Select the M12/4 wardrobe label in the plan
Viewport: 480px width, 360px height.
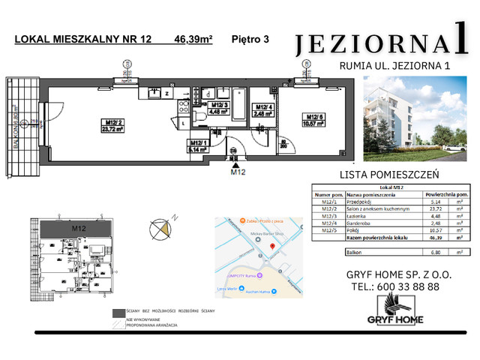[x=260, y=112]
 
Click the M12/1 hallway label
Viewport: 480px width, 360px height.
[x=198, y=145]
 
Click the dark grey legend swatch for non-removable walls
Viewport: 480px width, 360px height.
[x=118, y=312]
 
